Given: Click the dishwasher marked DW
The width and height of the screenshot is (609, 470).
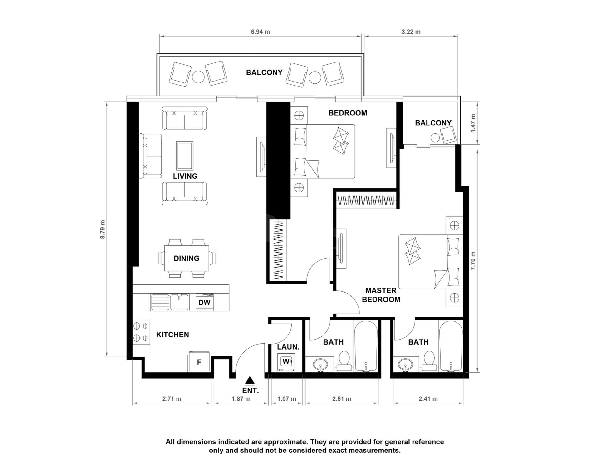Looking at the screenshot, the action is coord(205,302).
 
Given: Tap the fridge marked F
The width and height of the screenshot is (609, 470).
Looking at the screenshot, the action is coord(199,362).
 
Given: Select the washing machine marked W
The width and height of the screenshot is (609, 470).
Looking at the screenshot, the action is coord(286,362).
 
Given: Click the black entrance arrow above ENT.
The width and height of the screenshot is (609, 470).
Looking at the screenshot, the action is coord(250,380).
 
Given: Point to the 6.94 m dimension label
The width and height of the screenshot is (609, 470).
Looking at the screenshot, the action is coord(260,32).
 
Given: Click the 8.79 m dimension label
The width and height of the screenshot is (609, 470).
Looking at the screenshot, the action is coord(103,229).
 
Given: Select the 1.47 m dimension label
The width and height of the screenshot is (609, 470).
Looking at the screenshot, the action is coord(473,123).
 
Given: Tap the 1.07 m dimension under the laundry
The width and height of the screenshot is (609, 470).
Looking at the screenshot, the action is coord(287,399).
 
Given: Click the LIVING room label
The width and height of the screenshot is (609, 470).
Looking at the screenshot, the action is coord(185,176).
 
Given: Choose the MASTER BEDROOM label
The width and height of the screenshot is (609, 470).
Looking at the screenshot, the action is coord(381,295).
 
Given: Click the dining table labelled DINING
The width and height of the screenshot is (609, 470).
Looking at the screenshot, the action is coord(187,258).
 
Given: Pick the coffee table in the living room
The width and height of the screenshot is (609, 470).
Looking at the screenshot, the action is coord(185,156).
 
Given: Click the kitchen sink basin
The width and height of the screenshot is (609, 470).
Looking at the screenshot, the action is coord(179,302).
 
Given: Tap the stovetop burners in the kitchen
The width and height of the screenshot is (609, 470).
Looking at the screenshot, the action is coord(141,332).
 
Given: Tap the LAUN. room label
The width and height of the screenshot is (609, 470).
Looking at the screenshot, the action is coord(288,347).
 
